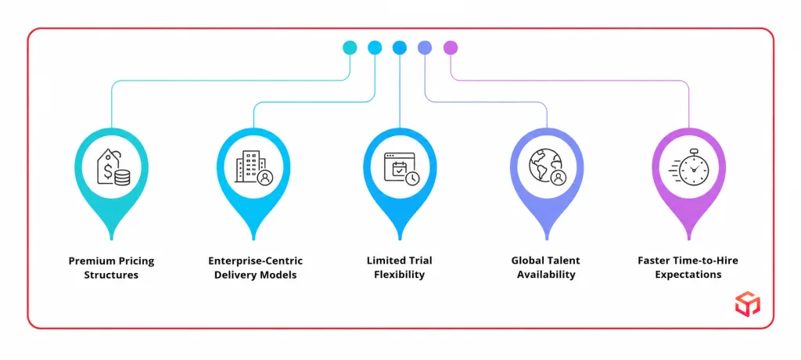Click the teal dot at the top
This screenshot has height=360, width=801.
(350, 48)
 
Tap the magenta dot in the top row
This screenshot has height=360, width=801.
(451, 48)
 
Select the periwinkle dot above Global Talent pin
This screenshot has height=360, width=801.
(425, 48)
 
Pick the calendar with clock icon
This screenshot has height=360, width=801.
(401, 167)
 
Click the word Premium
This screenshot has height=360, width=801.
(90, 261)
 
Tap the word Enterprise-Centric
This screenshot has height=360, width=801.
(256, 261)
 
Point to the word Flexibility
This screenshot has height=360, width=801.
(400, 275)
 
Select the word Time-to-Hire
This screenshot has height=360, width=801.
(707, 261)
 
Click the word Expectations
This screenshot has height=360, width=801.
(688, 275)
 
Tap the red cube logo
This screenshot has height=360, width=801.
(748, 303)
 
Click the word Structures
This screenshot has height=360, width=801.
(111, 275)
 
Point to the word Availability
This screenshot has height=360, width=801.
(546, 275)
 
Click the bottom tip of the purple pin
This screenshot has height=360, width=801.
(688, 239)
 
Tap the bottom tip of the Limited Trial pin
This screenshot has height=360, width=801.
(400, 239)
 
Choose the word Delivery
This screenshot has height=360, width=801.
(233, 275)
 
